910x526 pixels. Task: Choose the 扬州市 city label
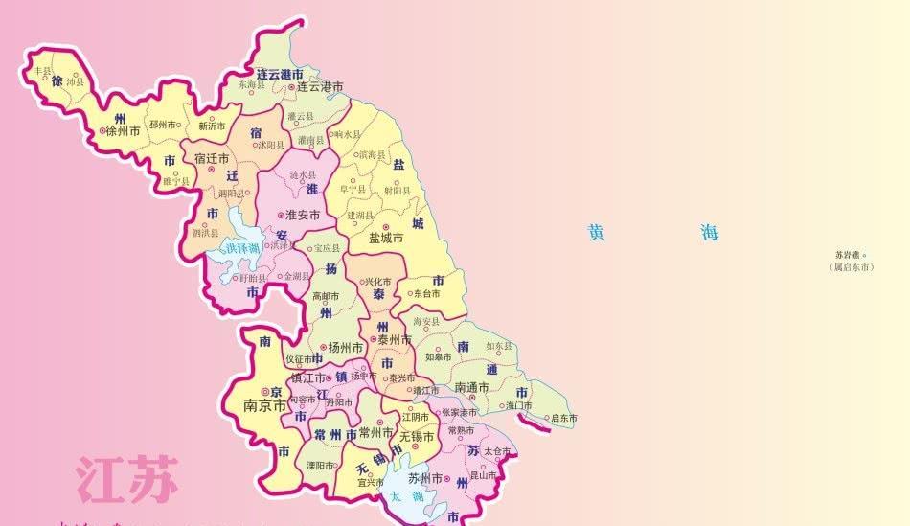[x=346, y=347]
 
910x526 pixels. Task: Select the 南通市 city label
[x=472, y=387]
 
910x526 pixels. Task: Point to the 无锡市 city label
[x=417, y=436]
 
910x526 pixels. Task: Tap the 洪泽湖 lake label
[x=242, y=249]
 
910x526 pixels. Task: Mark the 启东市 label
[x=564, y=418]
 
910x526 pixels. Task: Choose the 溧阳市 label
[x=320, y=466]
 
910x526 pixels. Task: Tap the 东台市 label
[x=427, y=294]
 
